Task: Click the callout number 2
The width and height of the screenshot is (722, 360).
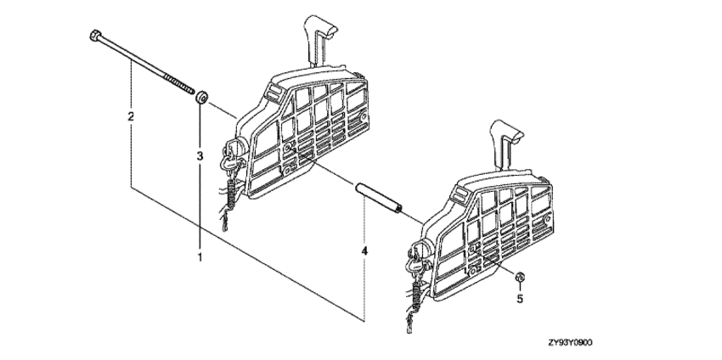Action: coord(131,116)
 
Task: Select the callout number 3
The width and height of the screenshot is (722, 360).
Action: coord(200,156)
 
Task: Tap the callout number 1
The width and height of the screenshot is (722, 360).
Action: coord(200,257)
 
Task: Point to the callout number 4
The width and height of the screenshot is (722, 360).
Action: coord(364,251)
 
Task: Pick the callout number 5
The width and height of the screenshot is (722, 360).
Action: coord(520,299)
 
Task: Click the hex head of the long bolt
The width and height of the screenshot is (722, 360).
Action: coord(95,36)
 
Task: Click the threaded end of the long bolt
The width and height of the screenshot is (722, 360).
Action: coord(179,85)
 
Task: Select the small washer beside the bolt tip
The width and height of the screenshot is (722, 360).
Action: coord(201,98)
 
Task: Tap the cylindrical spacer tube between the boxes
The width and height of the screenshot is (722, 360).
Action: coord(378,198)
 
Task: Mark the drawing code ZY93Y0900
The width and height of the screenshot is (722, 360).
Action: coord(570,342)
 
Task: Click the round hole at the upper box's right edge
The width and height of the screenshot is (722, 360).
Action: coord(364,117)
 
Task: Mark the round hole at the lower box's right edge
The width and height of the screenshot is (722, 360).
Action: coord(548,220)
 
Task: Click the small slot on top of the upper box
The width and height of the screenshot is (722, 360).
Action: coord(272,92)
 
